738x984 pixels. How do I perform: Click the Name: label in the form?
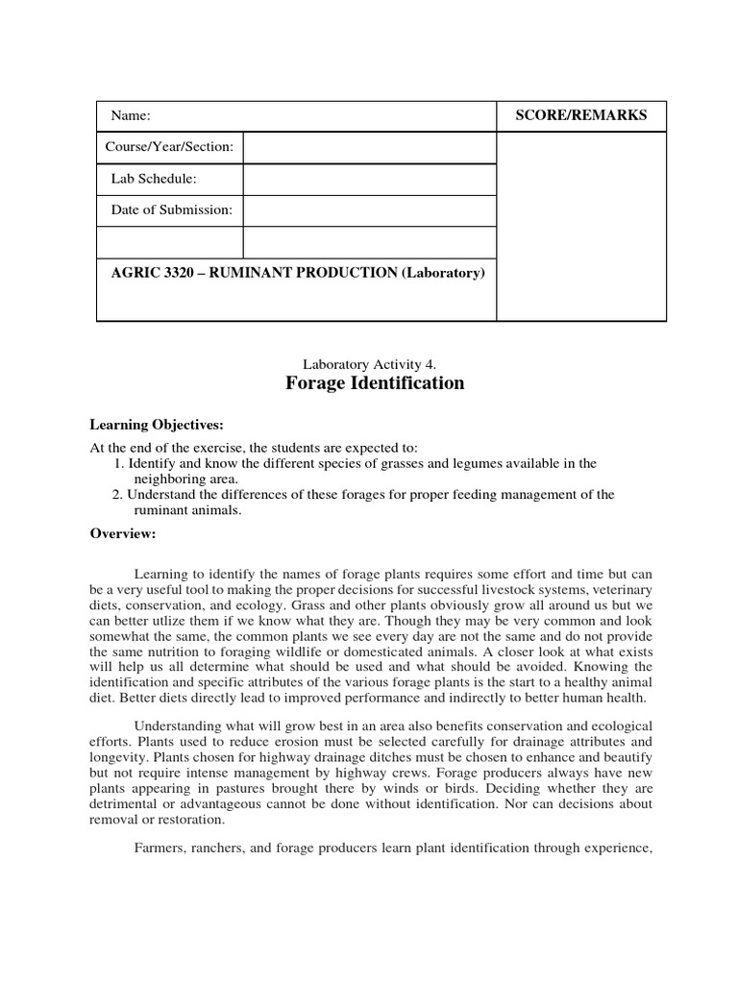click(132, 115)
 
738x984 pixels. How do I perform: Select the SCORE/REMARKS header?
click(581, 115)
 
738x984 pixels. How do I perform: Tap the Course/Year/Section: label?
click(169, 148)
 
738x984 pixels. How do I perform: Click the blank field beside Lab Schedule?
click(369, 179)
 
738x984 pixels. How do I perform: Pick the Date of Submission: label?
click(169, 209)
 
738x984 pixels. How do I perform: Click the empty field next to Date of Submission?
click(369, 210)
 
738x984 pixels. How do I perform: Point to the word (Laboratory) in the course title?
click(442, 273)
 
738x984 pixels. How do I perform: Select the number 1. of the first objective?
click(119, 463)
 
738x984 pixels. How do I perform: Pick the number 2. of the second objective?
click(119, 494)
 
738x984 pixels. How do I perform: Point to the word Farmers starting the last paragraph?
click(161, 849)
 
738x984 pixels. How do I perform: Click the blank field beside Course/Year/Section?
click(369, 148)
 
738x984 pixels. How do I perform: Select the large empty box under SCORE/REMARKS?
click(581, 226)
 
